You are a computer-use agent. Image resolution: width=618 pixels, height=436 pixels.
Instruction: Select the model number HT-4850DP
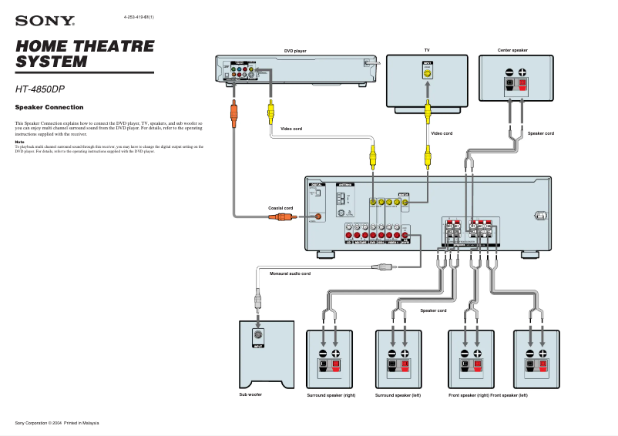point(40,89)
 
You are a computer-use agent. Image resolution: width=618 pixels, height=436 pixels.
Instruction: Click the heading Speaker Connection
point(49,107)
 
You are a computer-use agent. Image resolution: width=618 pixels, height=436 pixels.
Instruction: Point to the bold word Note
point(19,142)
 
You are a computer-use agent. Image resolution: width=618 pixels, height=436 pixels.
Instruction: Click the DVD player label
point(295,51)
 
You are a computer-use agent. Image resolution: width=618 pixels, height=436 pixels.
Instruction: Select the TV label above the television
point(427,50)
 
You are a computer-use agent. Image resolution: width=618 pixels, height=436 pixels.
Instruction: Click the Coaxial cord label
point(280,208)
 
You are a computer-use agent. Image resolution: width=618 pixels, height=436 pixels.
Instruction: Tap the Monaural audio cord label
point(290,273)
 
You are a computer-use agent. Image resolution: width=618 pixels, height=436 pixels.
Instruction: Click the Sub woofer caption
point(250,394)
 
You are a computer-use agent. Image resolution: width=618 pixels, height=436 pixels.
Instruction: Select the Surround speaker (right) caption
point(331,394)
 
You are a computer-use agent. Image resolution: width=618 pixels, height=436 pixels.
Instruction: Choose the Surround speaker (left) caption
point(398,394)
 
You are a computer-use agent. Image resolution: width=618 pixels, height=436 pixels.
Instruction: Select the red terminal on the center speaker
point(522,83)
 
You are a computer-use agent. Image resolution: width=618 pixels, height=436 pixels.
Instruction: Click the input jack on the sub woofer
point(259,335)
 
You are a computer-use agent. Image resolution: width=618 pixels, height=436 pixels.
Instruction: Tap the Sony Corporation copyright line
point(57,423)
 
